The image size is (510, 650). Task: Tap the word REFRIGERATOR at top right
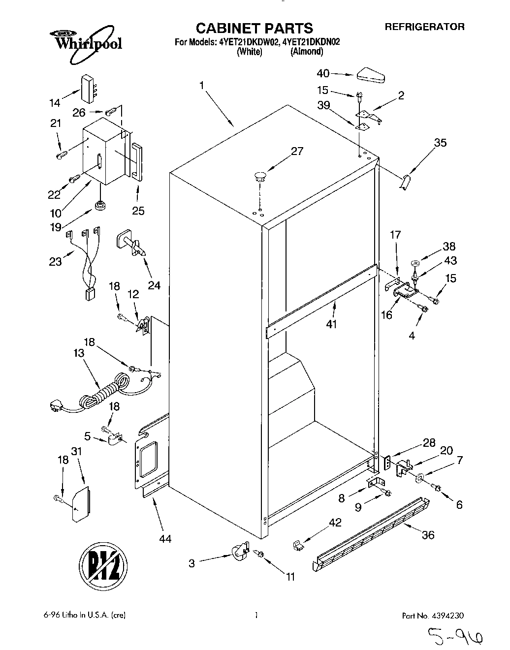pyautogui.click(x=424, y=27)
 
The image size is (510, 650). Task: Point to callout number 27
pyautogui.click(x=297, y=152)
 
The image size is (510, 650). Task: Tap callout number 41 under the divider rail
pyautogui.click(x=331, y=324)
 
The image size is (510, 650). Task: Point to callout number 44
pyautogui.click(x=165, y=539)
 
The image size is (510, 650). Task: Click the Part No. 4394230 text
pyautogui.click(x=433, y=615)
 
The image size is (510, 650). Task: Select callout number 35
pyautogui.click(x=440, y=143)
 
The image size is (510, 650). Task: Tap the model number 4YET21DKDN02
pyautogui.click(x=306, y=42)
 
